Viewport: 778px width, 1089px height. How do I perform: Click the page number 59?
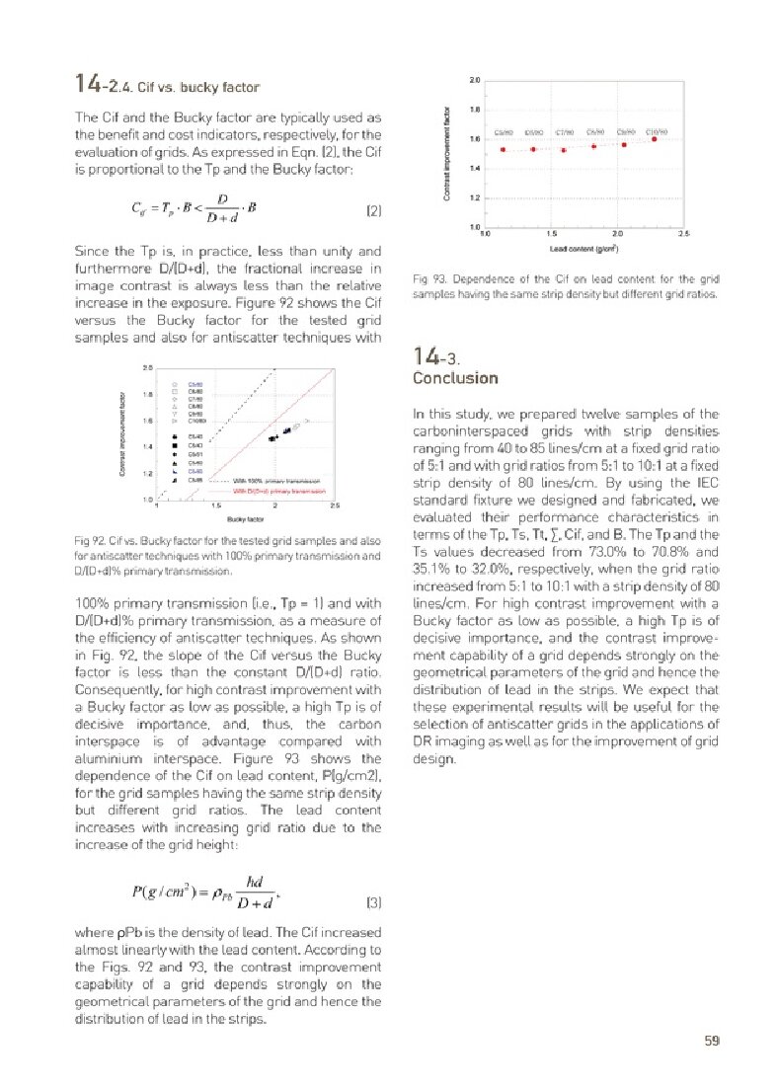(711, 1039)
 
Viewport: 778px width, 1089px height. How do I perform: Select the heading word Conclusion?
(455, 378)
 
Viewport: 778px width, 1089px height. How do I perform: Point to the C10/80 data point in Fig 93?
(655, 139)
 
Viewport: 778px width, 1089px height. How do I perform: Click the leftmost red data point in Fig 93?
(504, 149)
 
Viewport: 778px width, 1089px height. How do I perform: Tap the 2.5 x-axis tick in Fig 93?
(683, 235)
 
